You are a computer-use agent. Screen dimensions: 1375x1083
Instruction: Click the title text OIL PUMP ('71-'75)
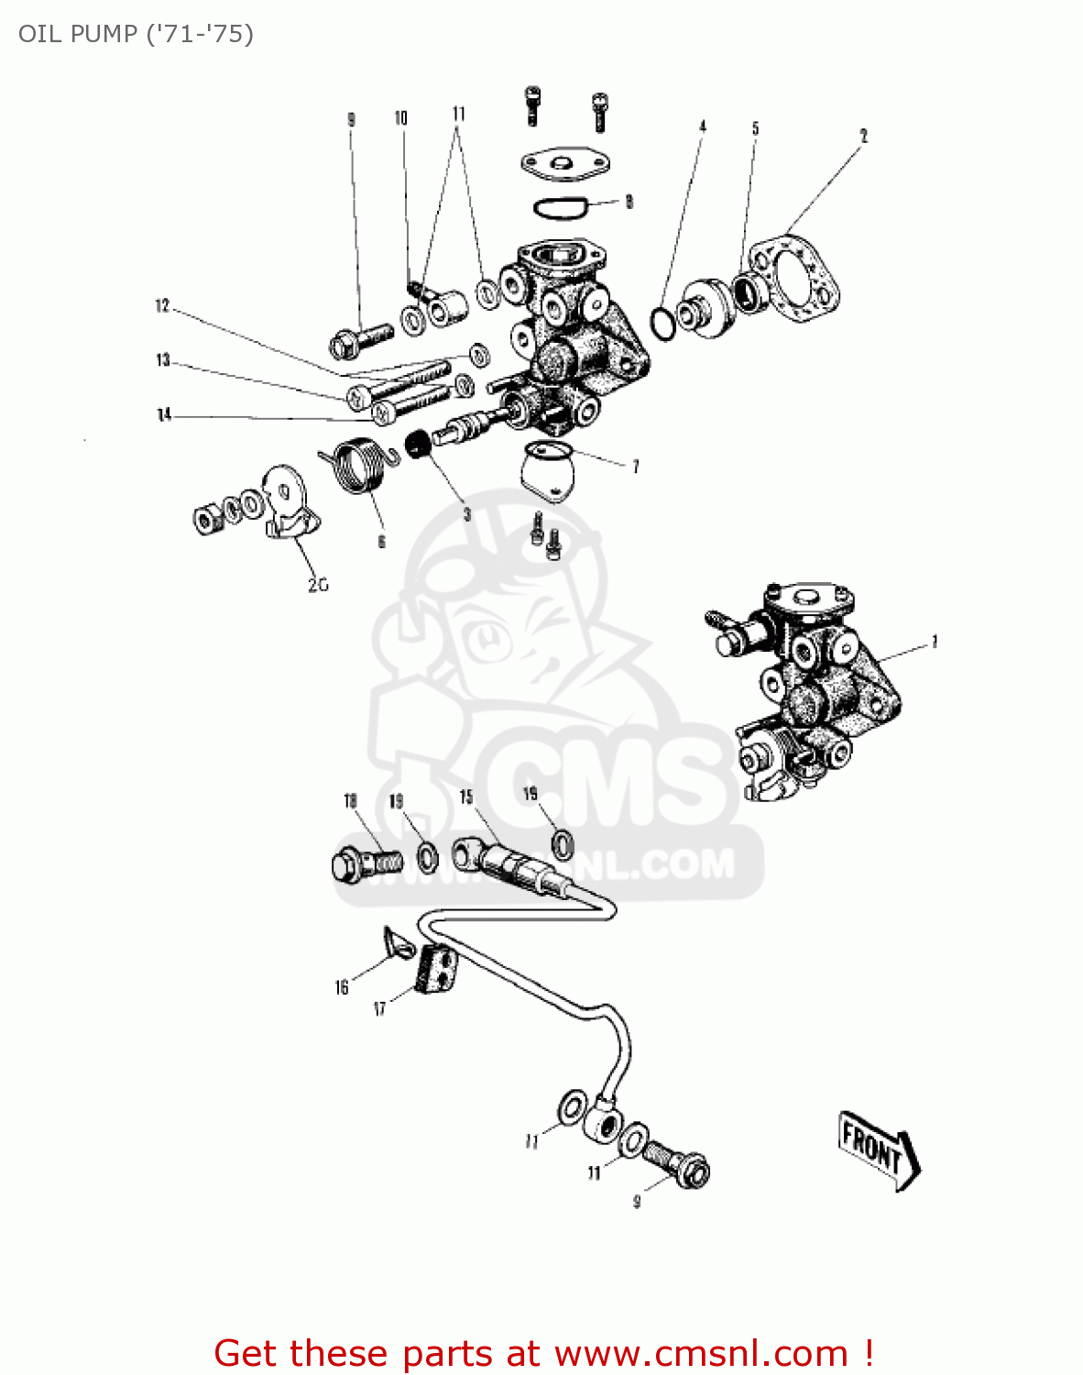pyautogui.click(x=136, y=34)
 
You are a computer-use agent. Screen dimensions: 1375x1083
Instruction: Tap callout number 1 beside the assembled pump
pyautogui.click(x=934, y=642)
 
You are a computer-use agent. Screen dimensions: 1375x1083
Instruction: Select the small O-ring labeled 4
pyautogui.click(x=662, y=323)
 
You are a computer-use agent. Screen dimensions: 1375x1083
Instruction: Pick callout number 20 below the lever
pyautogui.click(x=317, y=585)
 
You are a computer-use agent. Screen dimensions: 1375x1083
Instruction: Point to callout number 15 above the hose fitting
pyautogui.click(x=466, y=797)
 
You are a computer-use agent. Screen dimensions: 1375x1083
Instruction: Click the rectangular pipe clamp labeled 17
pyautogui.click(x=437, y=970)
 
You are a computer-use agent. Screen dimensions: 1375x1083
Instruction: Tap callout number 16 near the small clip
pyautogui.click(x=342, y=987)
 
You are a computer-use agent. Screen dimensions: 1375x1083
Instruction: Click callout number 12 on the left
pyautogui.click(x=162, y=306)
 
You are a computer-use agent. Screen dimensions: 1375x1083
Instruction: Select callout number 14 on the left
pyautogui.click(x=164, y=415)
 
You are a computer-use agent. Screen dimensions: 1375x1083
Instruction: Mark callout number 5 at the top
pyautogui.click(x=755, y=128)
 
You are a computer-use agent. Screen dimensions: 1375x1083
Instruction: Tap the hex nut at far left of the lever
pyautogui.click(x=206, y=519)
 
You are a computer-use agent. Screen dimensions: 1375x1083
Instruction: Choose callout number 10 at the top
pyautogui.click(x=400, y=117)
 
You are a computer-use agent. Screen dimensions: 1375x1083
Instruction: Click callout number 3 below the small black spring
pyautogui.click(x=466, y=514)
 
